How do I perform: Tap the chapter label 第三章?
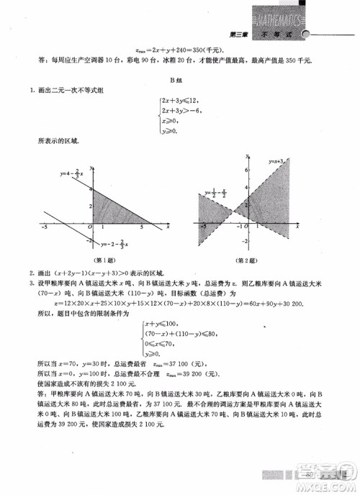(238, 35)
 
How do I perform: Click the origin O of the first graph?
(90, 227)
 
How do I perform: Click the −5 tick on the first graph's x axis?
(44, 227)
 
